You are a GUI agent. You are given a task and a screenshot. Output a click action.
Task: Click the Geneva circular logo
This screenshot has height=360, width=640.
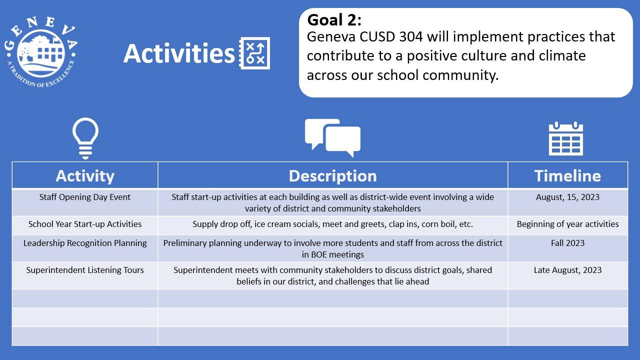[41, 52]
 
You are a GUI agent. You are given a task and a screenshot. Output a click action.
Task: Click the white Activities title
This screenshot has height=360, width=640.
[179, 53]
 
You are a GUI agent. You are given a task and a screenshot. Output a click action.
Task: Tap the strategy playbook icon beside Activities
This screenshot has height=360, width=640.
[254, 53]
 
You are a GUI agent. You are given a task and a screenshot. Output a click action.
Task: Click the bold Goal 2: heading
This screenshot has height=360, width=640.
[334, 20]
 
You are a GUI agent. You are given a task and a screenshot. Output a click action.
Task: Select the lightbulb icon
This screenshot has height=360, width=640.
[85, 138]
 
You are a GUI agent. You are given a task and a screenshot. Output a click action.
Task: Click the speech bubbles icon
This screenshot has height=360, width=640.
[332, 138]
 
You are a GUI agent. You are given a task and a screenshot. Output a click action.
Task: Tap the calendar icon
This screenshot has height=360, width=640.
[565, 138]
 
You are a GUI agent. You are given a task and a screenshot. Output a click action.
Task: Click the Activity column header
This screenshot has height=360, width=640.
[85, 175]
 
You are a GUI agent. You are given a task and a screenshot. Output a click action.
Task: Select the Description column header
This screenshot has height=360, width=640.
[332, 175]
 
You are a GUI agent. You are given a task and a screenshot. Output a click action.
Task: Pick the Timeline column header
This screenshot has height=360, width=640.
[567, 175]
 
